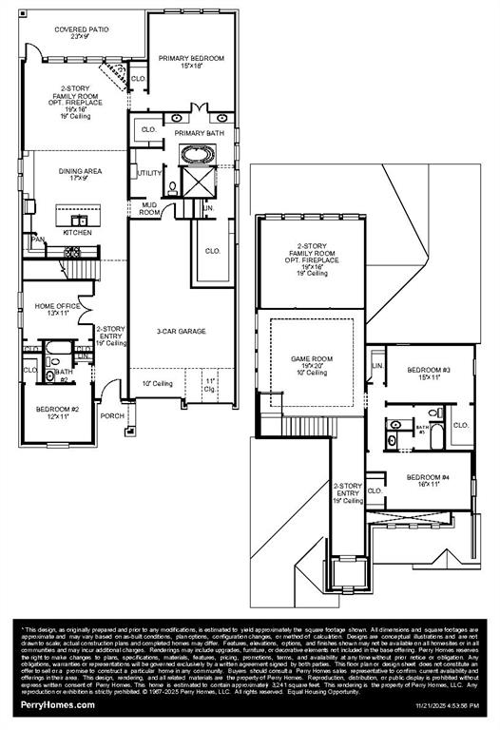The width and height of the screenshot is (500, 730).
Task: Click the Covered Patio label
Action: [x=81, y=29]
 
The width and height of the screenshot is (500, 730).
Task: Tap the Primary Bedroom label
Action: [x=191, y=58]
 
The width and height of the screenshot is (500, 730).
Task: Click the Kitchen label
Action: [x=77, y=232]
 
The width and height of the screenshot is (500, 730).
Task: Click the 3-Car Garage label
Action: [x=182, y=332]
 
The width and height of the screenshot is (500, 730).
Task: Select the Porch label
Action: [x=111, y=414]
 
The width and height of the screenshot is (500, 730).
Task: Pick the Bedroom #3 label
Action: [x=429, y=369]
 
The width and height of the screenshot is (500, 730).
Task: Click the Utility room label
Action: [x=149, y=173]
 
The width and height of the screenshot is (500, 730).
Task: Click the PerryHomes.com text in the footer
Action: [x=58, y=704]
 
